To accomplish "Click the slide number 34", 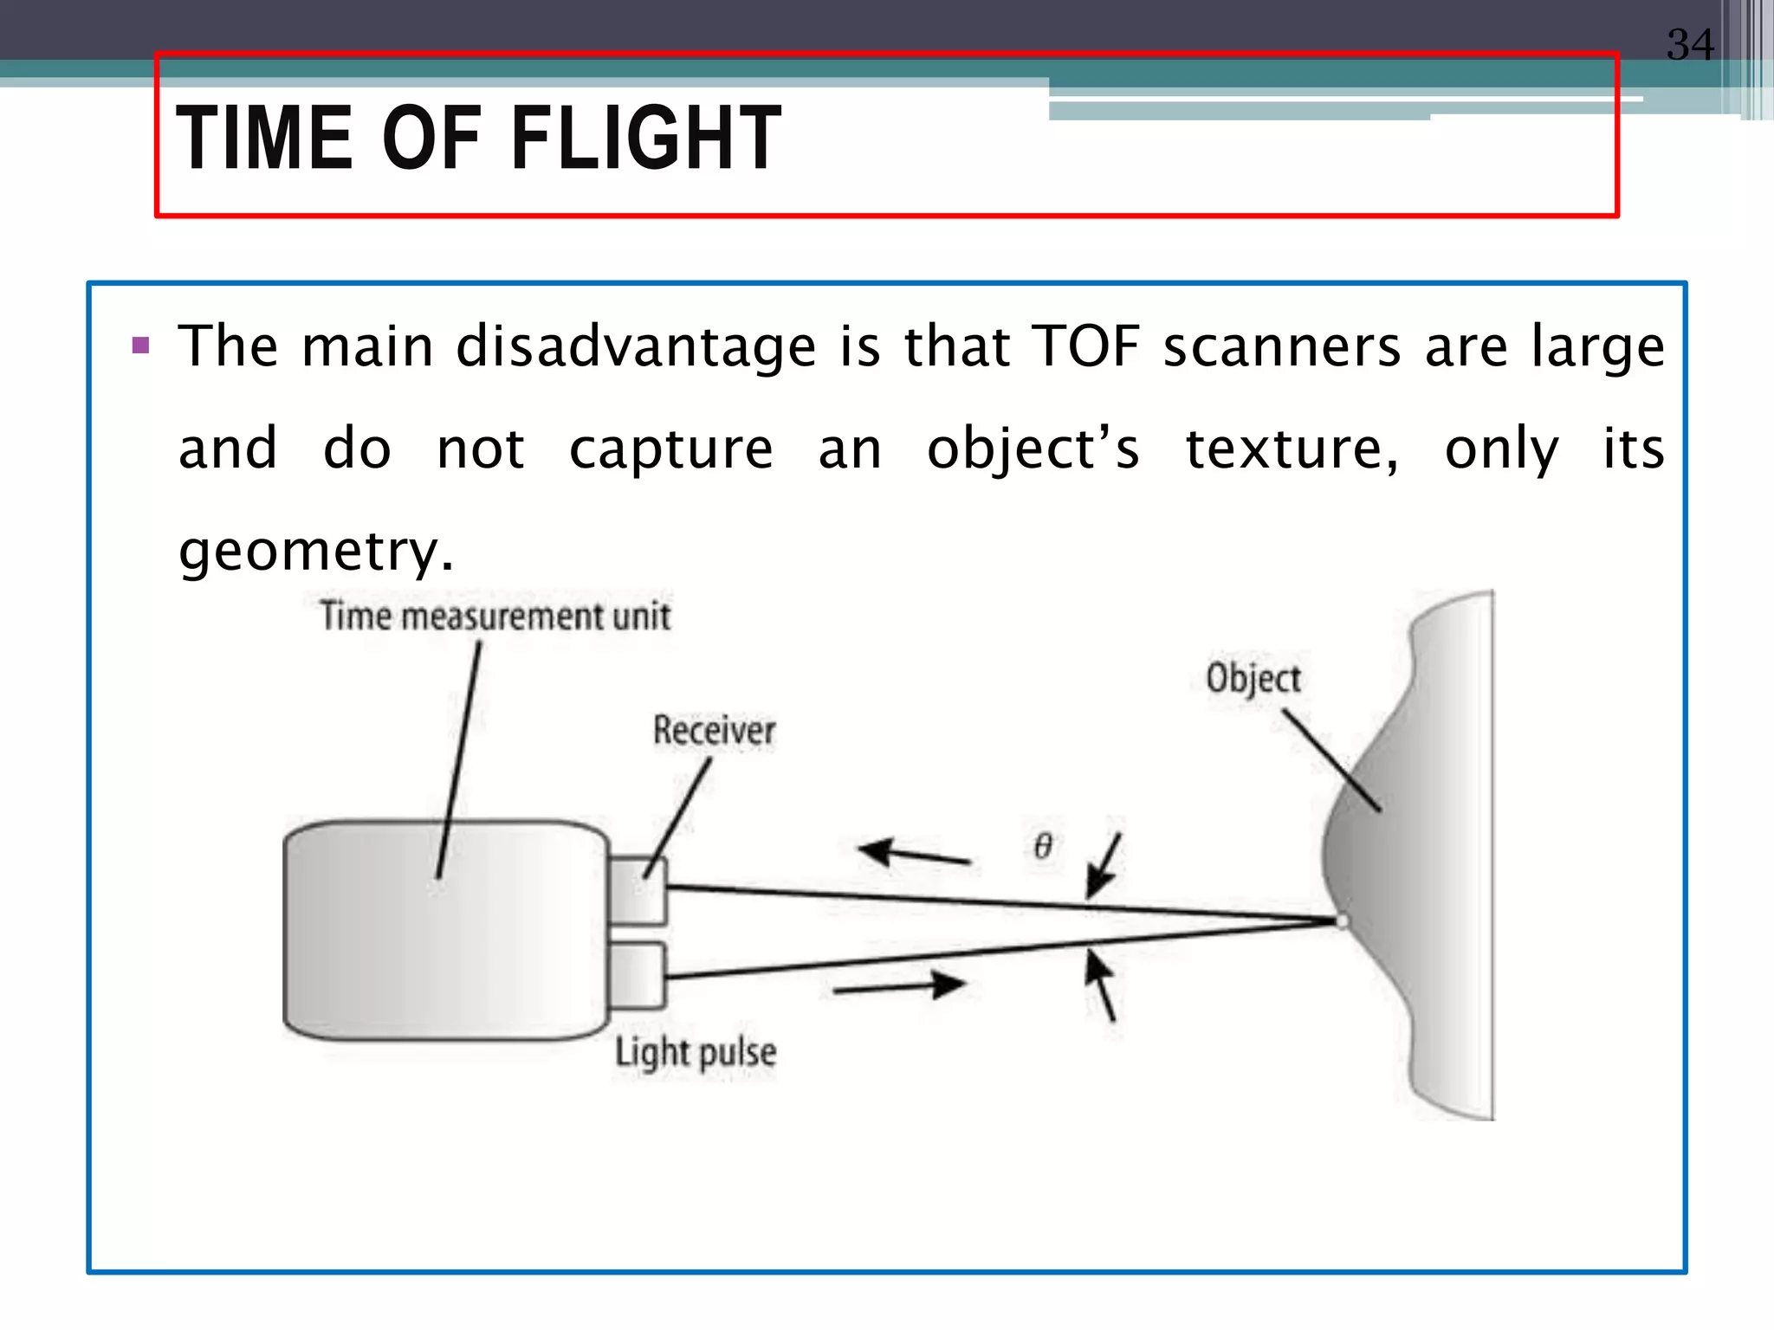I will tap(1690, 44).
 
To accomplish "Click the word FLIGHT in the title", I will tap(646, 138).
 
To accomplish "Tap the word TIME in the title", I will tap(264, 138).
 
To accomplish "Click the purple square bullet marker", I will tap(141, 347).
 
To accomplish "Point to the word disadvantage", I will tap(636, 346).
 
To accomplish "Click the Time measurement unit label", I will tap(495, 617).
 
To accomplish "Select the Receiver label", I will tap(714, 730).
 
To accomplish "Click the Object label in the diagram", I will tap(1253, 677).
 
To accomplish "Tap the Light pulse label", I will tap(696, 1053).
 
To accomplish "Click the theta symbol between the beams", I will tap(1044, 845).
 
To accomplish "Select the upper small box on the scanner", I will tap(638, 890).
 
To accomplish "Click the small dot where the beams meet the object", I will tap(1342, 921).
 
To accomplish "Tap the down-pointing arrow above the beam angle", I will tap(1103, 867).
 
